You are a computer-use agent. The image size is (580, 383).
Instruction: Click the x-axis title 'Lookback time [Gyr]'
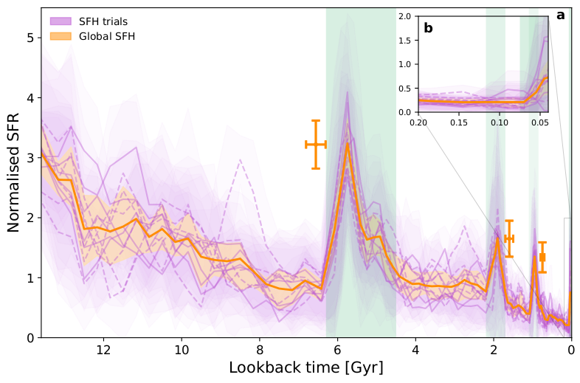pyautogui.click(x=305, y=367)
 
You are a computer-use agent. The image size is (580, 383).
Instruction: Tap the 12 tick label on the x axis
pyautogui.click(x=103, y=349)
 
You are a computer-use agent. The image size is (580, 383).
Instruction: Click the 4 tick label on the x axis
pyautogui.click(x=415, y=349)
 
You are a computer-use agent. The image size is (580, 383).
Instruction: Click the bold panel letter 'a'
pyautogui.click(x=561, y=15)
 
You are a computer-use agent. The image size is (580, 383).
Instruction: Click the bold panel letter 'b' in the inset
pyautogui.click(x=428, y=29)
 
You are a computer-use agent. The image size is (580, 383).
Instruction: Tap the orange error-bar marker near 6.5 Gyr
pyautogui.click(x=316, y=145)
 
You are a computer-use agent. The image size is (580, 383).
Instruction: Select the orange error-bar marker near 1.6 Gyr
pyautogui.click(x=508, y=238)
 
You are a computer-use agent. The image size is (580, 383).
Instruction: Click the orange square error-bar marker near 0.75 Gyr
pyautogui.click(x=542, y=257)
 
